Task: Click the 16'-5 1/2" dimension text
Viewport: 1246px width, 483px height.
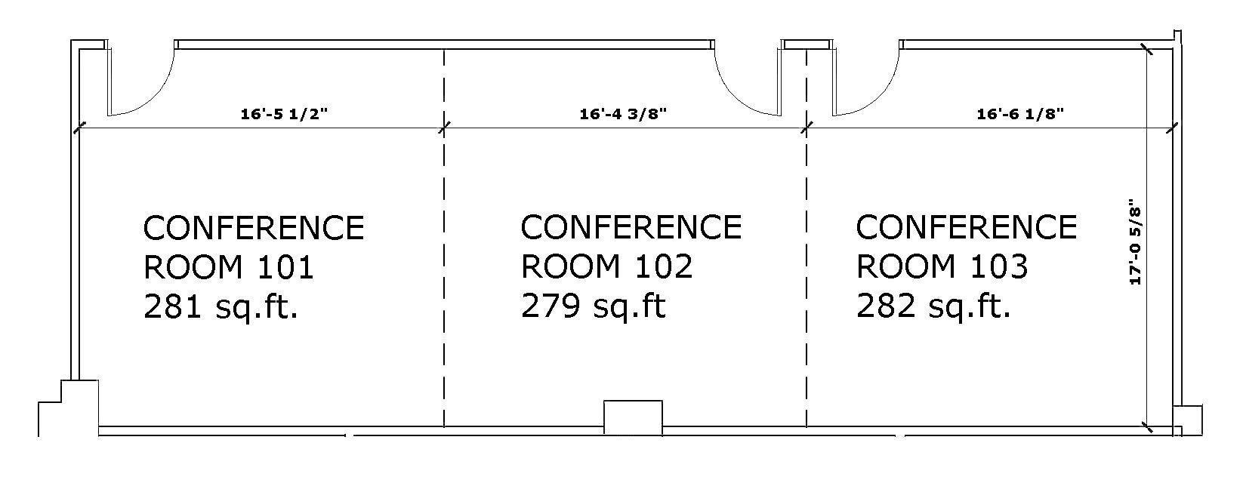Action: pyautogui.click(x=284, y=114)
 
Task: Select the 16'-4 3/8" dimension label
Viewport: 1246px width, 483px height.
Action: pyautogui.click(x=623, y=114)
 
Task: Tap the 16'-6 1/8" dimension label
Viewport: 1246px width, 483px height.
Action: pyautogui.click(x=1020, y=114)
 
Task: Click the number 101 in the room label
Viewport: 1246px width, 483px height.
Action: pyautogui.click(x=285, y=267)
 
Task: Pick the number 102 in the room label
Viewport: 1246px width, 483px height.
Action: pyautogui.click(x=664, y=266)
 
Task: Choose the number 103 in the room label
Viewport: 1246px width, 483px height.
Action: pyautogui.click(x=999, y=266)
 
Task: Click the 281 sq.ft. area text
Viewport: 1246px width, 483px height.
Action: pyautogui.click(x=221, y=307)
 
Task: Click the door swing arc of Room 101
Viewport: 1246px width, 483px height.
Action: pyautogui.click(x=159, y=94)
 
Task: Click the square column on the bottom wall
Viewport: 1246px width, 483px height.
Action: pyautogui.click(x=633, y=416)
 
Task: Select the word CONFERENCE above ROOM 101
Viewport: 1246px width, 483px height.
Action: pyautogui.click(x=254, y=228)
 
